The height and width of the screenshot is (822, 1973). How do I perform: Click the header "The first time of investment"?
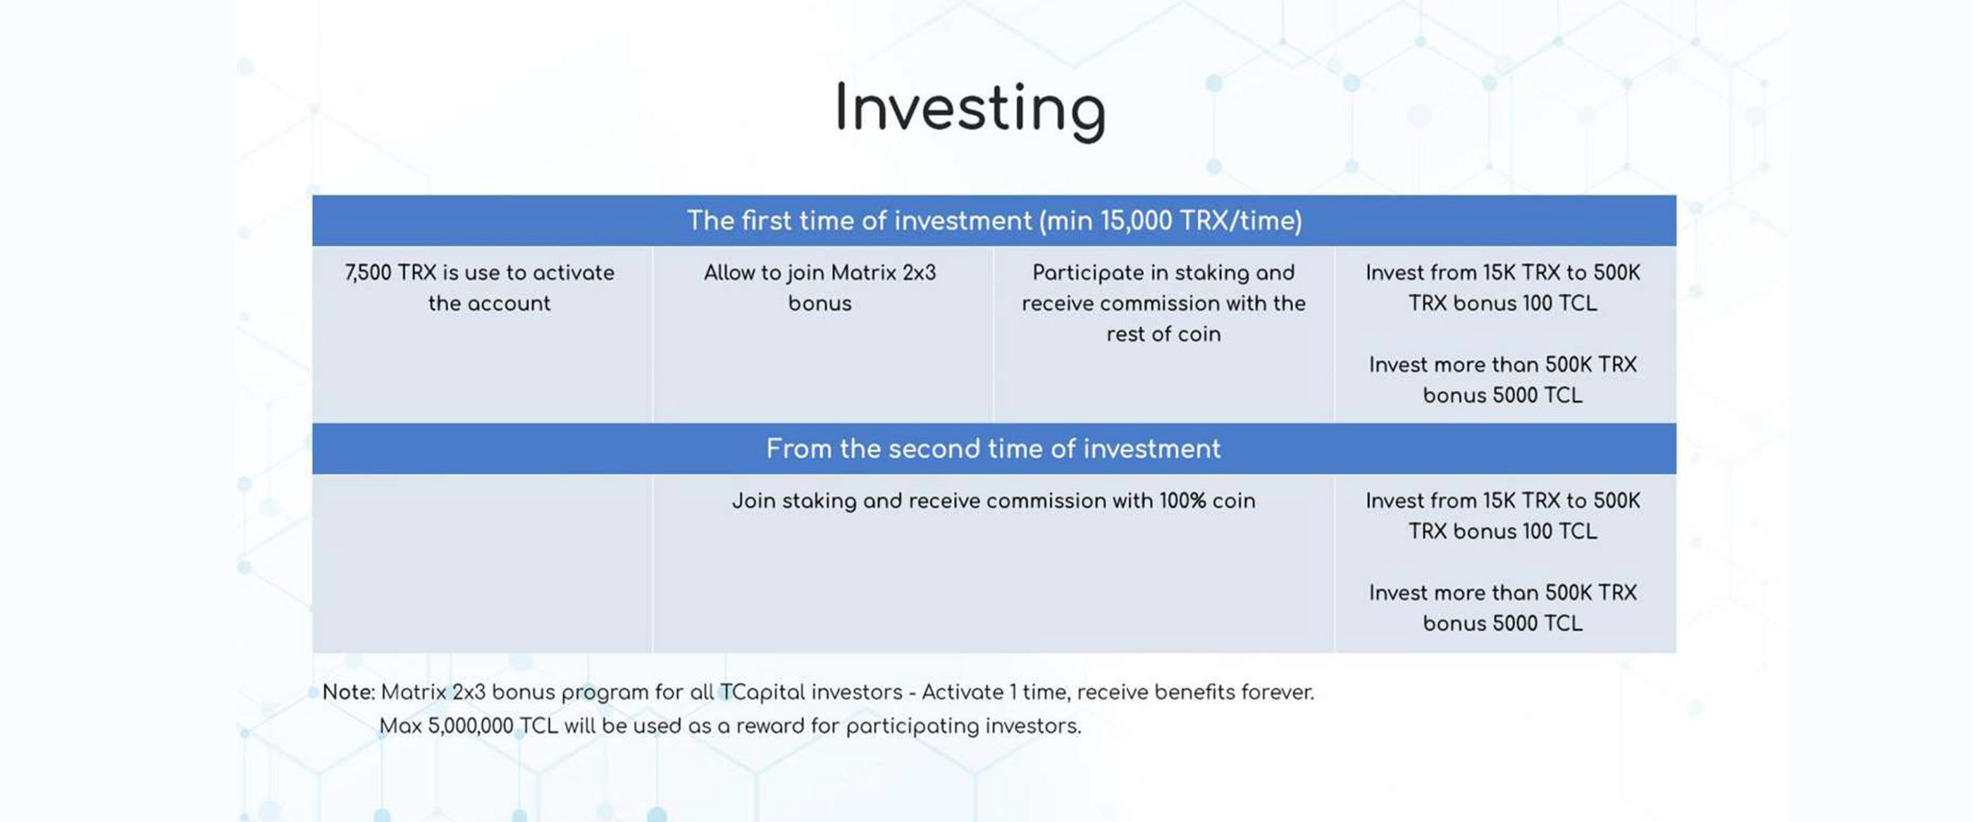tap(858, 220)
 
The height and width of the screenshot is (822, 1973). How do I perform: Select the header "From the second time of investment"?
tap(994, 449)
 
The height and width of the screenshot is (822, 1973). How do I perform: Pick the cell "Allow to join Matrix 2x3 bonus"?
tap(819, 288)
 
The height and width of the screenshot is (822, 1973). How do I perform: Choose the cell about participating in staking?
tap(1163, 303)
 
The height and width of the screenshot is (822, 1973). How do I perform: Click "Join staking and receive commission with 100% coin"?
tap(994, 501)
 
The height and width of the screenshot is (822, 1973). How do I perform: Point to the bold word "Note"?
tap(347, 692)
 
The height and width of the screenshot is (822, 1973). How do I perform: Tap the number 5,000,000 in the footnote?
tap(470, 726)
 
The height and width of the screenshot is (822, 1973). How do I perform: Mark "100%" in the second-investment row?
tap(1182, 501)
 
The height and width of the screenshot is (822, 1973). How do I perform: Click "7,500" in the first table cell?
tap(368, 273)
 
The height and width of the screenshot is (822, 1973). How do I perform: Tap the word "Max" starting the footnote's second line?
tap(400, 726)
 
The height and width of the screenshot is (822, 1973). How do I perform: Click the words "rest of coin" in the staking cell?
tap(1163, 335)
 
